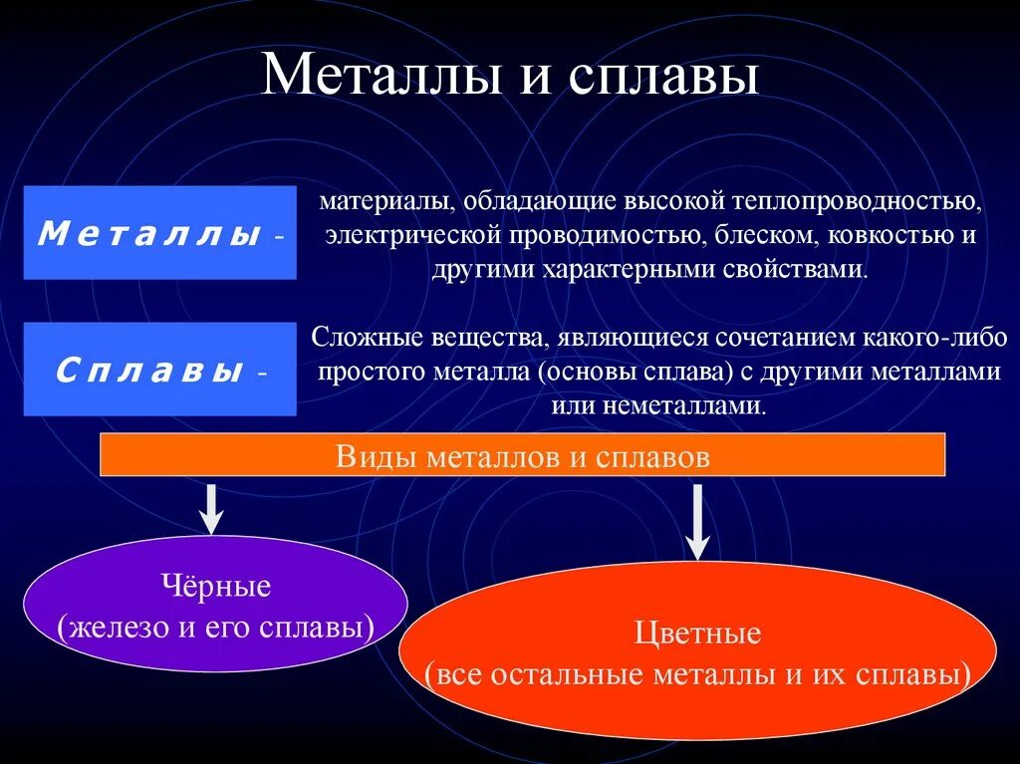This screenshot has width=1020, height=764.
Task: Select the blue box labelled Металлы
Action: [159, 233]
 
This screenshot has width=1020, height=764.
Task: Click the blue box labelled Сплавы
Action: [159, 370]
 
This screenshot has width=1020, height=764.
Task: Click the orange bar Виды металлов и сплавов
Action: [523, 456]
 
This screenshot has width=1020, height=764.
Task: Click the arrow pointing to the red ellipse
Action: [698, 520]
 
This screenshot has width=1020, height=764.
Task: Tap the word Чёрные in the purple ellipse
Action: [215, 587]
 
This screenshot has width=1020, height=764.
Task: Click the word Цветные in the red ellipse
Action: [697, 634]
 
